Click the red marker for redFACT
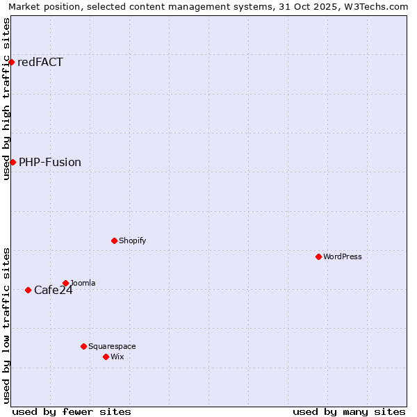tap(11, 63)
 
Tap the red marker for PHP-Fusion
tap(13, 162)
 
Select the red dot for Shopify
tap(114, 240)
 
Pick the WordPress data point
tap(318, 256)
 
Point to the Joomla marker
tap(65, 283)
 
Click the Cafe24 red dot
tap(28, 290)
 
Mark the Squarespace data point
tap(83, 346)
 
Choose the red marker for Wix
tap(106, 357)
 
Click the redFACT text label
tap(40, 63)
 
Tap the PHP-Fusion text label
tap(50, 163)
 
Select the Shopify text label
tap(132, 240)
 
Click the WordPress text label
tap(343, 256)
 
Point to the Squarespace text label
tap(112, 346)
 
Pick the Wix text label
tap(117, 357)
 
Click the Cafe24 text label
tap(54, 291)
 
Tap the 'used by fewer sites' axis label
tap(72, 411)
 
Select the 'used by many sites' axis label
tap(349, 411)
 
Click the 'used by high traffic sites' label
tap(6, 99)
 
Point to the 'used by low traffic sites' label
tap(6, 325)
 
